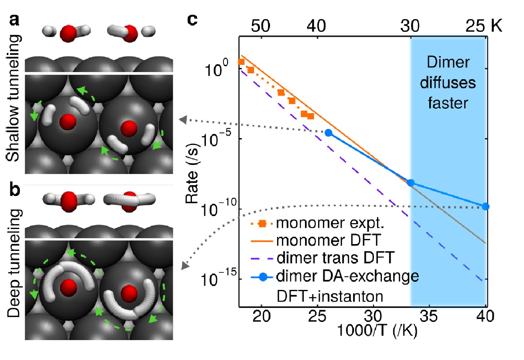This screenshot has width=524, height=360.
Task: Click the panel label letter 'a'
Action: coord(14,20)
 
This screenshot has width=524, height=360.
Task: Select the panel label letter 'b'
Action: coord(15,189)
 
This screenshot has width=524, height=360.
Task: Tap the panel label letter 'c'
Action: coord(192,20)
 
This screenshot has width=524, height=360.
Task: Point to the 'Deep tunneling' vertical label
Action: coord(14,263)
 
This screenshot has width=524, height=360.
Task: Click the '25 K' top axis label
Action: coord(483,25)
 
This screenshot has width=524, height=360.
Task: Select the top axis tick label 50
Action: coord(260,26)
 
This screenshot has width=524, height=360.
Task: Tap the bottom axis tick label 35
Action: coord(429,316)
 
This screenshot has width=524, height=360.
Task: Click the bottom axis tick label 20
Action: coord(261,316)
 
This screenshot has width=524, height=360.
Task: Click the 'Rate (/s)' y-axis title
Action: coord(192,173)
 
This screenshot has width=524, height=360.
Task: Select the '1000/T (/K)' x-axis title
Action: coord(377,331)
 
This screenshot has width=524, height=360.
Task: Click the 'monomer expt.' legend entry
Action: coord(317,223)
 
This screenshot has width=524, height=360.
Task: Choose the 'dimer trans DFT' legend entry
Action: coord(323,258)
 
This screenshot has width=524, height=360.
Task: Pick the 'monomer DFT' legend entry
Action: coord(316,240)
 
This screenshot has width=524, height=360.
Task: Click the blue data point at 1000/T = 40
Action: coord(486,207)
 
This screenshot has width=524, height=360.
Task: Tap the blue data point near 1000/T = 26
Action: coord(328,133)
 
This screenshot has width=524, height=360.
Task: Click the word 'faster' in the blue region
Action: coord(448,103)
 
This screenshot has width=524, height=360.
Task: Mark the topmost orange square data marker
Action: coord(241,62)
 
